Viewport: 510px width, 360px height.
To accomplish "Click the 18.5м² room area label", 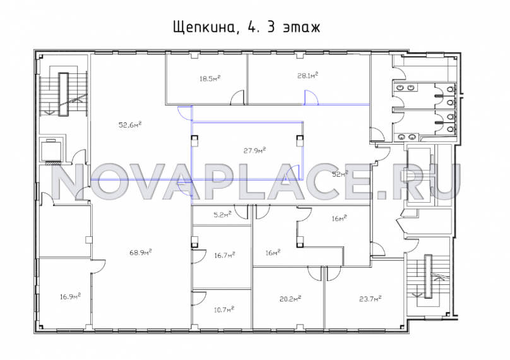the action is [x=210, y=78].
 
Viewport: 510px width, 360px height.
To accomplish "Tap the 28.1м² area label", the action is [x=307, y=76].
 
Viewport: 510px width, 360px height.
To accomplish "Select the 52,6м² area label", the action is [x=130, y=124].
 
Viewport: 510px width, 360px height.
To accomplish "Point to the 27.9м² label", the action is [x=254, y=150].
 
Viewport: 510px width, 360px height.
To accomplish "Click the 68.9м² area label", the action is [x=141, y=252].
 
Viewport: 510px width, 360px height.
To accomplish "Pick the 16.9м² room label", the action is [x=70, y=296].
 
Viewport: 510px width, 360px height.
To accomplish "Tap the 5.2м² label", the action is [x=222, y=215].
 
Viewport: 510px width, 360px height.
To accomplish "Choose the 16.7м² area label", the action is [x=225, y=255].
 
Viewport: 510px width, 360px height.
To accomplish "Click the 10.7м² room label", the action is [x=224, y=309].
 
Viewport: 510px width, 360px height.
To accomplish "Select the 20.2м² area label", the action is [x=290, y=298].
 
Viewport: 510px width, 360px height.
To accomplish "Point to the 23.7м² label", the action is [x=370, y=298].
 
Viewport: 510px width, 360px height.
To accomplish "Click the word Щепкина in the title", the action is [x=204, y=28].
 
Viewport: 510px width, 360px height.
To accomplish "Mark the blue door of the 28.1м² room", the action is [x=311, y=98].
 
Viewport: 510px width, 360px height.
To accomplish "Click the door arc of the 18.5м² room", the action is [x=237, y=98].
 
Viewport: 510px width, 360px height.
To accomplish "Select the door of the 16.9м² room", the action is [x=98, y=267].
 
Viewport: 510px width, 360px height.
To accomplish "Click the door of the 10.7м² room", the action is [x=199, y=297].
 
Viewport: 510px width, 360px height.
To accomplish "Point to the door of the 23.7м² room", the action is [x=334, y=273].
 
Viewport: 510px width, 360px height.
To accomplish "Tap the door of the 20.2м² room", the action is [x=315, y=273].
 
